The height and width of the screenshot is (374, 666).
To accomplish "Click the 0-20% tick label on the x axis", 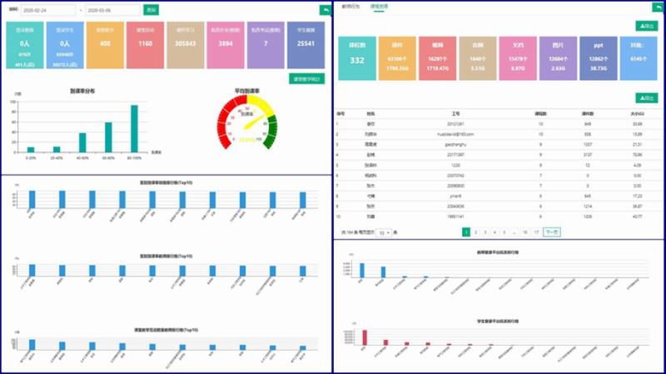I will [x=31, y=157].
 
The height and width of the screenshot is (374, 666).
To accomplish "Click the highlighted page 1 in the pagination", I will [x=465, y=232].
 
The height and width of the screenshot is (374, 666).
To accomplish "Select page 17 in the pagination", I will [x=536, y=232].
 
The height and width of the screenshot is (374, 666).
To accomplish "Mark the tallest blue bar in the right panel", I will [x=361, y=269].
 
